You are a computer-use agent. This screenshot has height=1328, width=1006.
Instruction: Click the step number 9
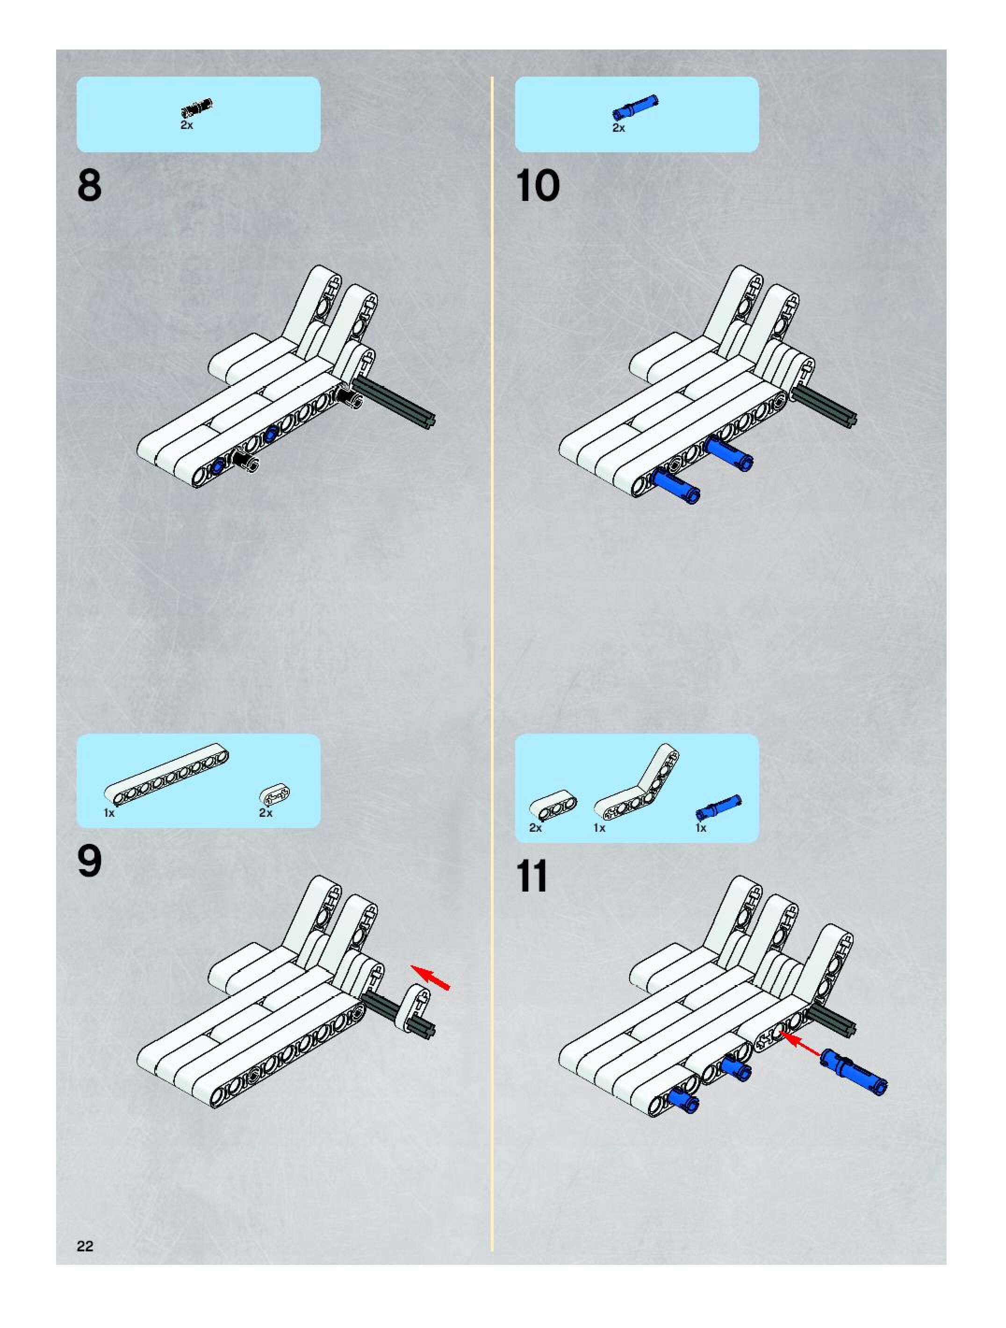coord(89,863)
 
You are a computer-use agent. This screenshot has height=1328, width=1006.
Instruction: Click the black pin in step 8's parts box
coord(197,108)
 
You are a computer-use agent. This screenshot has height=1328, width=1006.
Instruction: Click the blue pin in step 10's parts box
coord(635,107)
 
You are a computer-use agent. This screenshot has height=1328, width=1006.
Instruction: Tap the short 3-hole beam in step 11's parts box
coord(554,807)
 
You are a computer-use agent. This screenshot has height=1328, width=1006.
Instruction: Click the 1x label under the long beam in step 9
coord(109,813)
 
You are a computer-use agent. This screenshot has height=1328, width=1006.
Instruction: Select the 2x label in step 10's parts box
coord(618,128)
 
